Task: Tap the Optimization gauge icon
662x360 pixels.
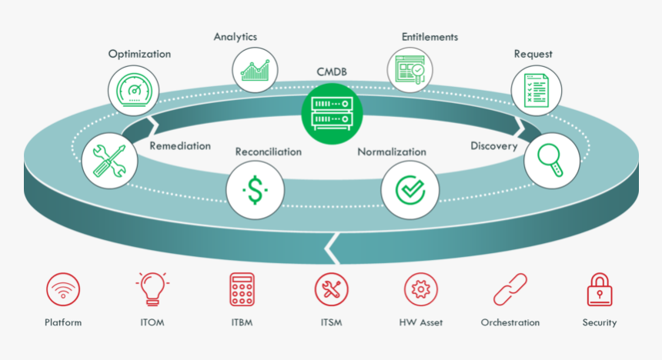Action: tap(136, 92)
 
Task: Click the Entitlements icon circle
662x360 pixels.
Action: tap(410, 70)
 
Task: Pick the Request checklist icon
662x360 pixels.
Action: tap(537, 91)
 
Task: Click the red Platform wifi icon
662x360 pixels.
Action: tap(63, 291)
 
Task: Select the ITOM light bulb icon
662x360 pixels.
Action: tap(152, 289)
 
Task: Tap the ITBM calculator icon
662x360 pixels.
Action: tap(242, 290)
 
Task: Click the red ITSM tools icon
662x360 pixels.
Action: tap(332, 290)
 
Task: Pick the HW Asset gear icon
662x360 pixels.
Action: tap(421, 290)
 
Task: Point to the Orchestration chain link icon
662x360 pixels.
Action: tap(510, 290)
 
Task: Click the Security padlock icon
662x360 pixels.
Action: tap(600, 290)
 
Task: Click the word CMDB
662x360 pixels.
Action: tap(332, 72)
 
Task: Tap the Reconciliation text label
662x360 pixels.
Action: tap(268, 152)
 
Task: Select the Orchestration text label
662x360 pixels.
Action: tap(510, 322)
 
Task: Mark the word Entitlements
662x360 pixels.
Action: tap(430, 37)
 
